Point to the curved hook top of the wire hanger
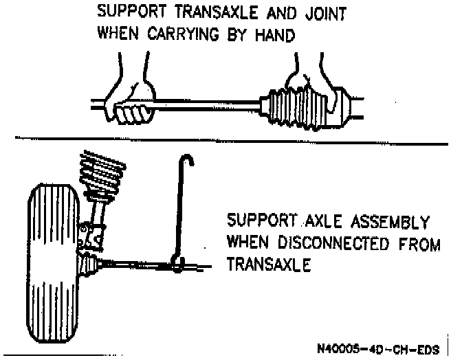[x=186, y=161]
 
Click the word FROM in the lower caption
[x=419, y=243]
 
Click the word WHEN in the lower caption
[x=247, y=243]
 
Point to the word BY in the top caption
[x=236, y=34]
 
